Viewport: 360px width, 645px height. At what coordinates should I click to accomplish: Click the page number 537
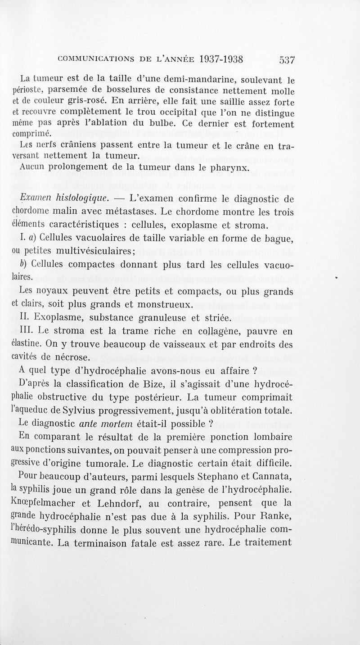click(x=286, y=60)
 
